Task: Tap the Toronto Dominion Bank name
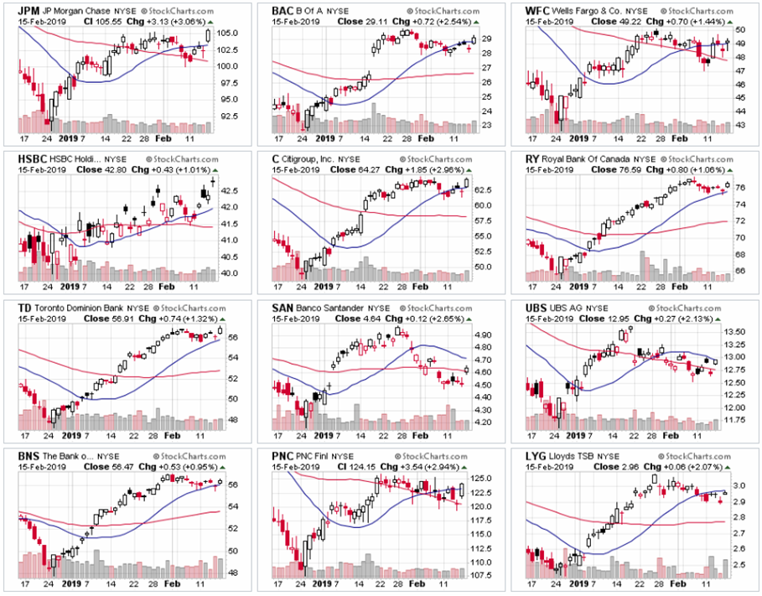coord(79,307)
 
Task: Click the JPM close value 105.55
coord(101,21)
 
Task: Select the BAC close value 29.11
coord(358,21)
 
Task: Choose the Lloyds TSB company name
coord(576,455)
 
